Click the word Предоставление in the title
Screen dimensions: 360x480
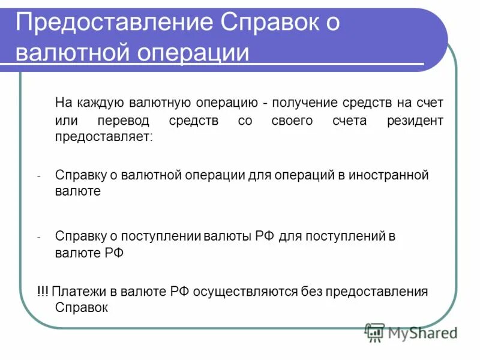(x=111, y=23)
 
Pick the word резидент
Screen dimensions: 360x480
(x=415, y=121)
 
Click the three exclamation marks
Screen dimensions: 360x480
(x=42, y=292)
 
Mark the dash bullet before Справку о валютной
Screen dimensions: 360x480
(x=38, y=176)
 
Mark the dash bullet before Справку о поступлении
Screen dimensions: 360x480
(x=38, y=237)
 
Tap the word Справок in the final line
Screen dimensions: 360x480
(x=81, y=308)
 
